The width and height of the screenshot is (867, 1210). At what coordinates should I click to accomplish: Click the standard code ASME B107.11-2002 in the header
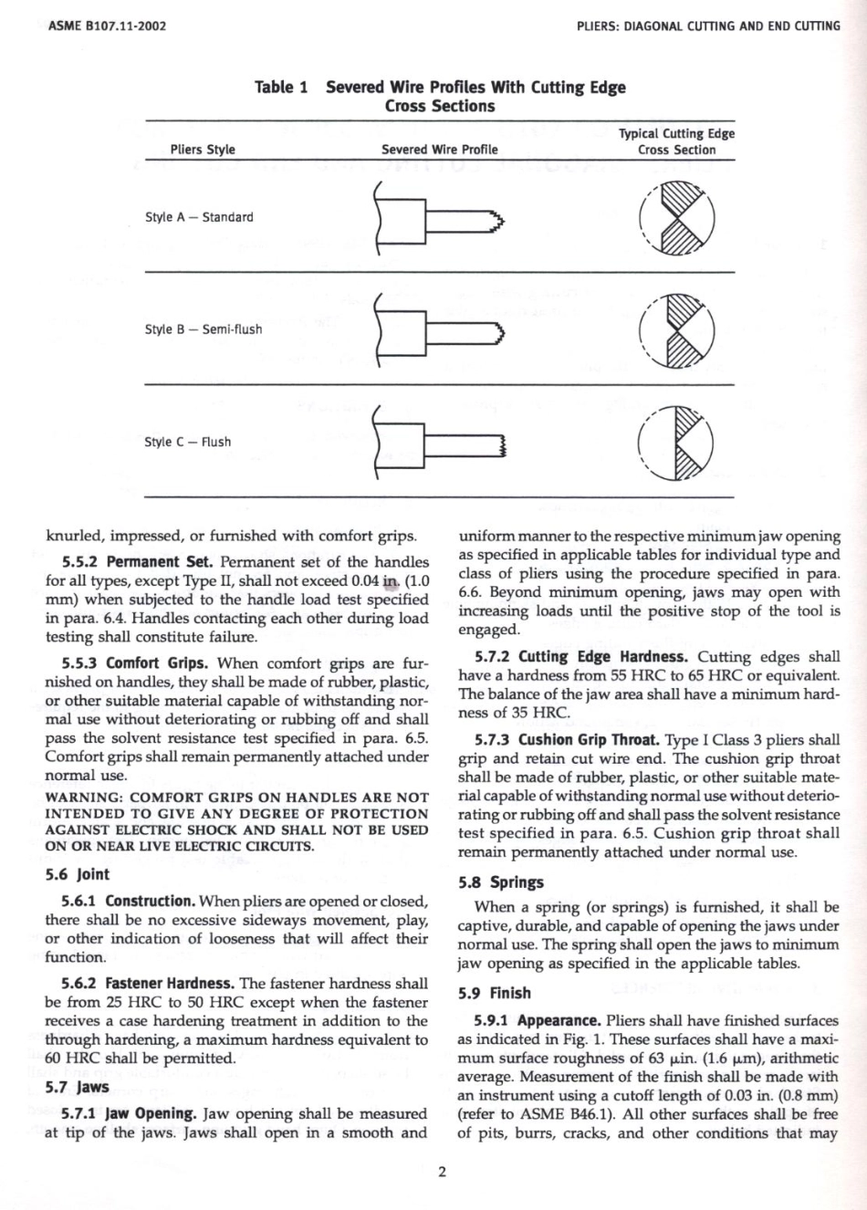pyautogui.click(x=106, y=26)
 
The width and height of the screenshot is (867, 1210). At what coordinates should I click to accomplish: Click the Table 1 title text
pyautogui.click(x=439, y=96)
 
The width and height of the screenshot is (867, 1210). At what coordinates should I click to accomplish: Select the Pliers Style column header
pyautogui.click(x=203, y=150)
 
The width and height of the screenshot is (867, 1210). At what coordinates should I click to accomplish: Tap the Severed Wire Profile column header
pyautogui.click(x=440, y=150)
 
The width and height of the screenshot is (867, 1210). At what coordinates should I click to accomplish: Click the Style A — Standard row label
pyautogui.click(x=199, y=217)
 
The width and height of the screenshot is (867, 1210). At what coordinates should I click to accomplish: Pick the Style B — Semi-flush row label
pyautogui.click(x=203, y=329)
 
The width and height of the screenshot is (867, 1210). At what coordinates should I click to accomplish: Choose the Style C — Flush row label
pyautogui.click(x=187, y=442)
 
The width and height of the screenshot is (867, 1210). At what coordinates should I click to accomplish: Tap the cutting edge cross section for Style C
pyautogui.click(x=676, y=443)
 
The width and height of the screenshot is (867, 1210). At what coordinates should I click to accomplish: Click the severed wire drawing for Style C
pyautogui.click(x=439, y=443)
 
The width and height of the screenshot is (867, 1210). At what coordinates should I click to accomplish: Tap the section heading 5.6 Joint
pyautogui.click(x=78, y=874)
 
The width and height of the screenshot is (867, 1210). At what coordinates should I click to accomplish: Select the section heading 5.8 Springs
pyautogui.click(x=500, y=882)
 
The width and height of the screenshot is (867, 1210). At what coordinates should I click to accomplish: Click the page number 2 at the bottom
pyautogui.click(x=442, y=1173)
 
